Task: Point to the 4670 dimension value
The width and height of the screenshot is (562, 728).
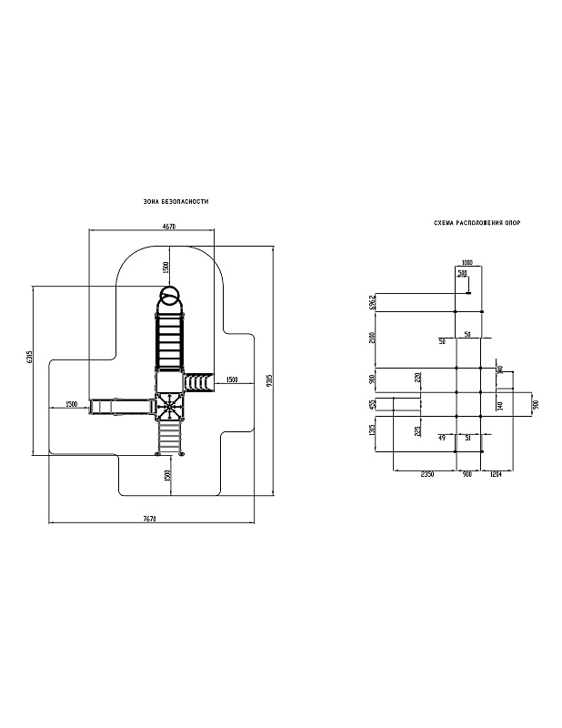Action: (x=169, y=226)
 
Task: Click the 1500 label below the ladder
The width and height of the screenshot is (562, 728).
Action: (x=167, y=476)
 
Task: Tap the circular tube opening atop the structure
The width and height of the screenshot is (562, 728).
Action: (x=169, y=296)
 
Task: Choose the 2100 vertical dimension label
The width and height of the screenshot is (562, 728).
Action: (x=374, y=339)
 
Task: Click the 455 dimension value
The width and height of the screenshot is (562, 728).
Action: (x=374, y=403)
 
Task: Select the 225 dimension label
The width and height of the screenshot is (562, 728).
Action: (x=417, y=430)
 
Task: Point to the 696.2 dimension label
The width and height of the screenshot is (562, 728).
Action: (x=374, y=301)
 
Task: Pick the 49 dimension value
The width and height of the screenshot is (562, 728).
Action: (x=442, y=438)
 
